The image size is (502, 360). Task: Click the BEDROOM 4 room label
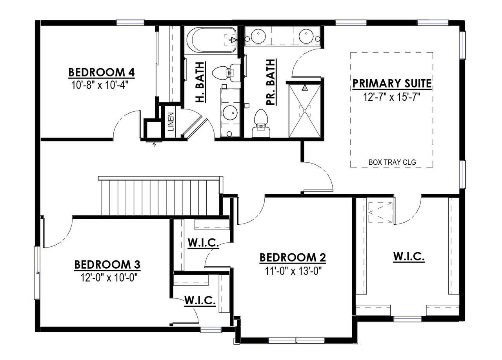pyautogui.click(x=101, y=73)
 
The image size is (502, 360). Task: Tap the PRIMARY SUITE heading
pyautogui.click(x=392, y=84)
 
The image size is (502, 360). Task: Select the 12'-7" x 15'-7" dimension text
pyautogui.click(x=391, y=97)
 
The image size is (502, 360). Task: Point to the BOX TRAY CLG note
pyautogui.click(x=392, y=162)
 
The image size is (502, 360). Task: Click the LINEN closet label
pyautogui.click(x=171, y=122)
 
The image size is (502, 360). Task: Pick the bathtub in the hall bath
pyautogui.click(x=211, y=40)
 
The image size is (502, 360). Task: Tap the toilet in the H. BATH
pyautogui.click(x=226, y=73)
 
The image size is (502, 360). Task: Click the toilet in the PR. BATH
pyautogui.click(x=261, y=123)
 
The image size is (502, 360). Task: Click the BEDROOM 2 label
pyautogui.click(x=293, y=257)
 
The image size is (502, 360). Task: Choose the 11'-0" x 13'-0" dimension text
pyautogui.click(x=293, y=271)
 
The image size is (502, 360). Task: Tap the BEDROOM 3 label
pyautogui.click(x=107, y=264)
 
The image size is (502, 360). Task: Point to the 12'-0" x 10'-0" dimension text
pyautogui.click(x=109, y=278)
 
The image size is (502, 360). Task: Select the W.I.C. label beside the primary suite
pyautogui.click(x=409, y=256)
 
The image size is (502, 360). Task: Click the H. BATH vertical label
pyautogui.click(x=200, y=82)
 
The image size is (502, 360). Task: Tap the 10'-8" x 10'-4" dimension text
pyautogui.click(x=100, y=85)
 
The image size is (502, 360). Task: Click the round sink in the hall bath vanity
pyautogui.click(x=230, y=112)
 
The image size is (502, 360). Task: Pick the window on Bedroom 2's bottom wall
pyautogui.click(x=296, y=340)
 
